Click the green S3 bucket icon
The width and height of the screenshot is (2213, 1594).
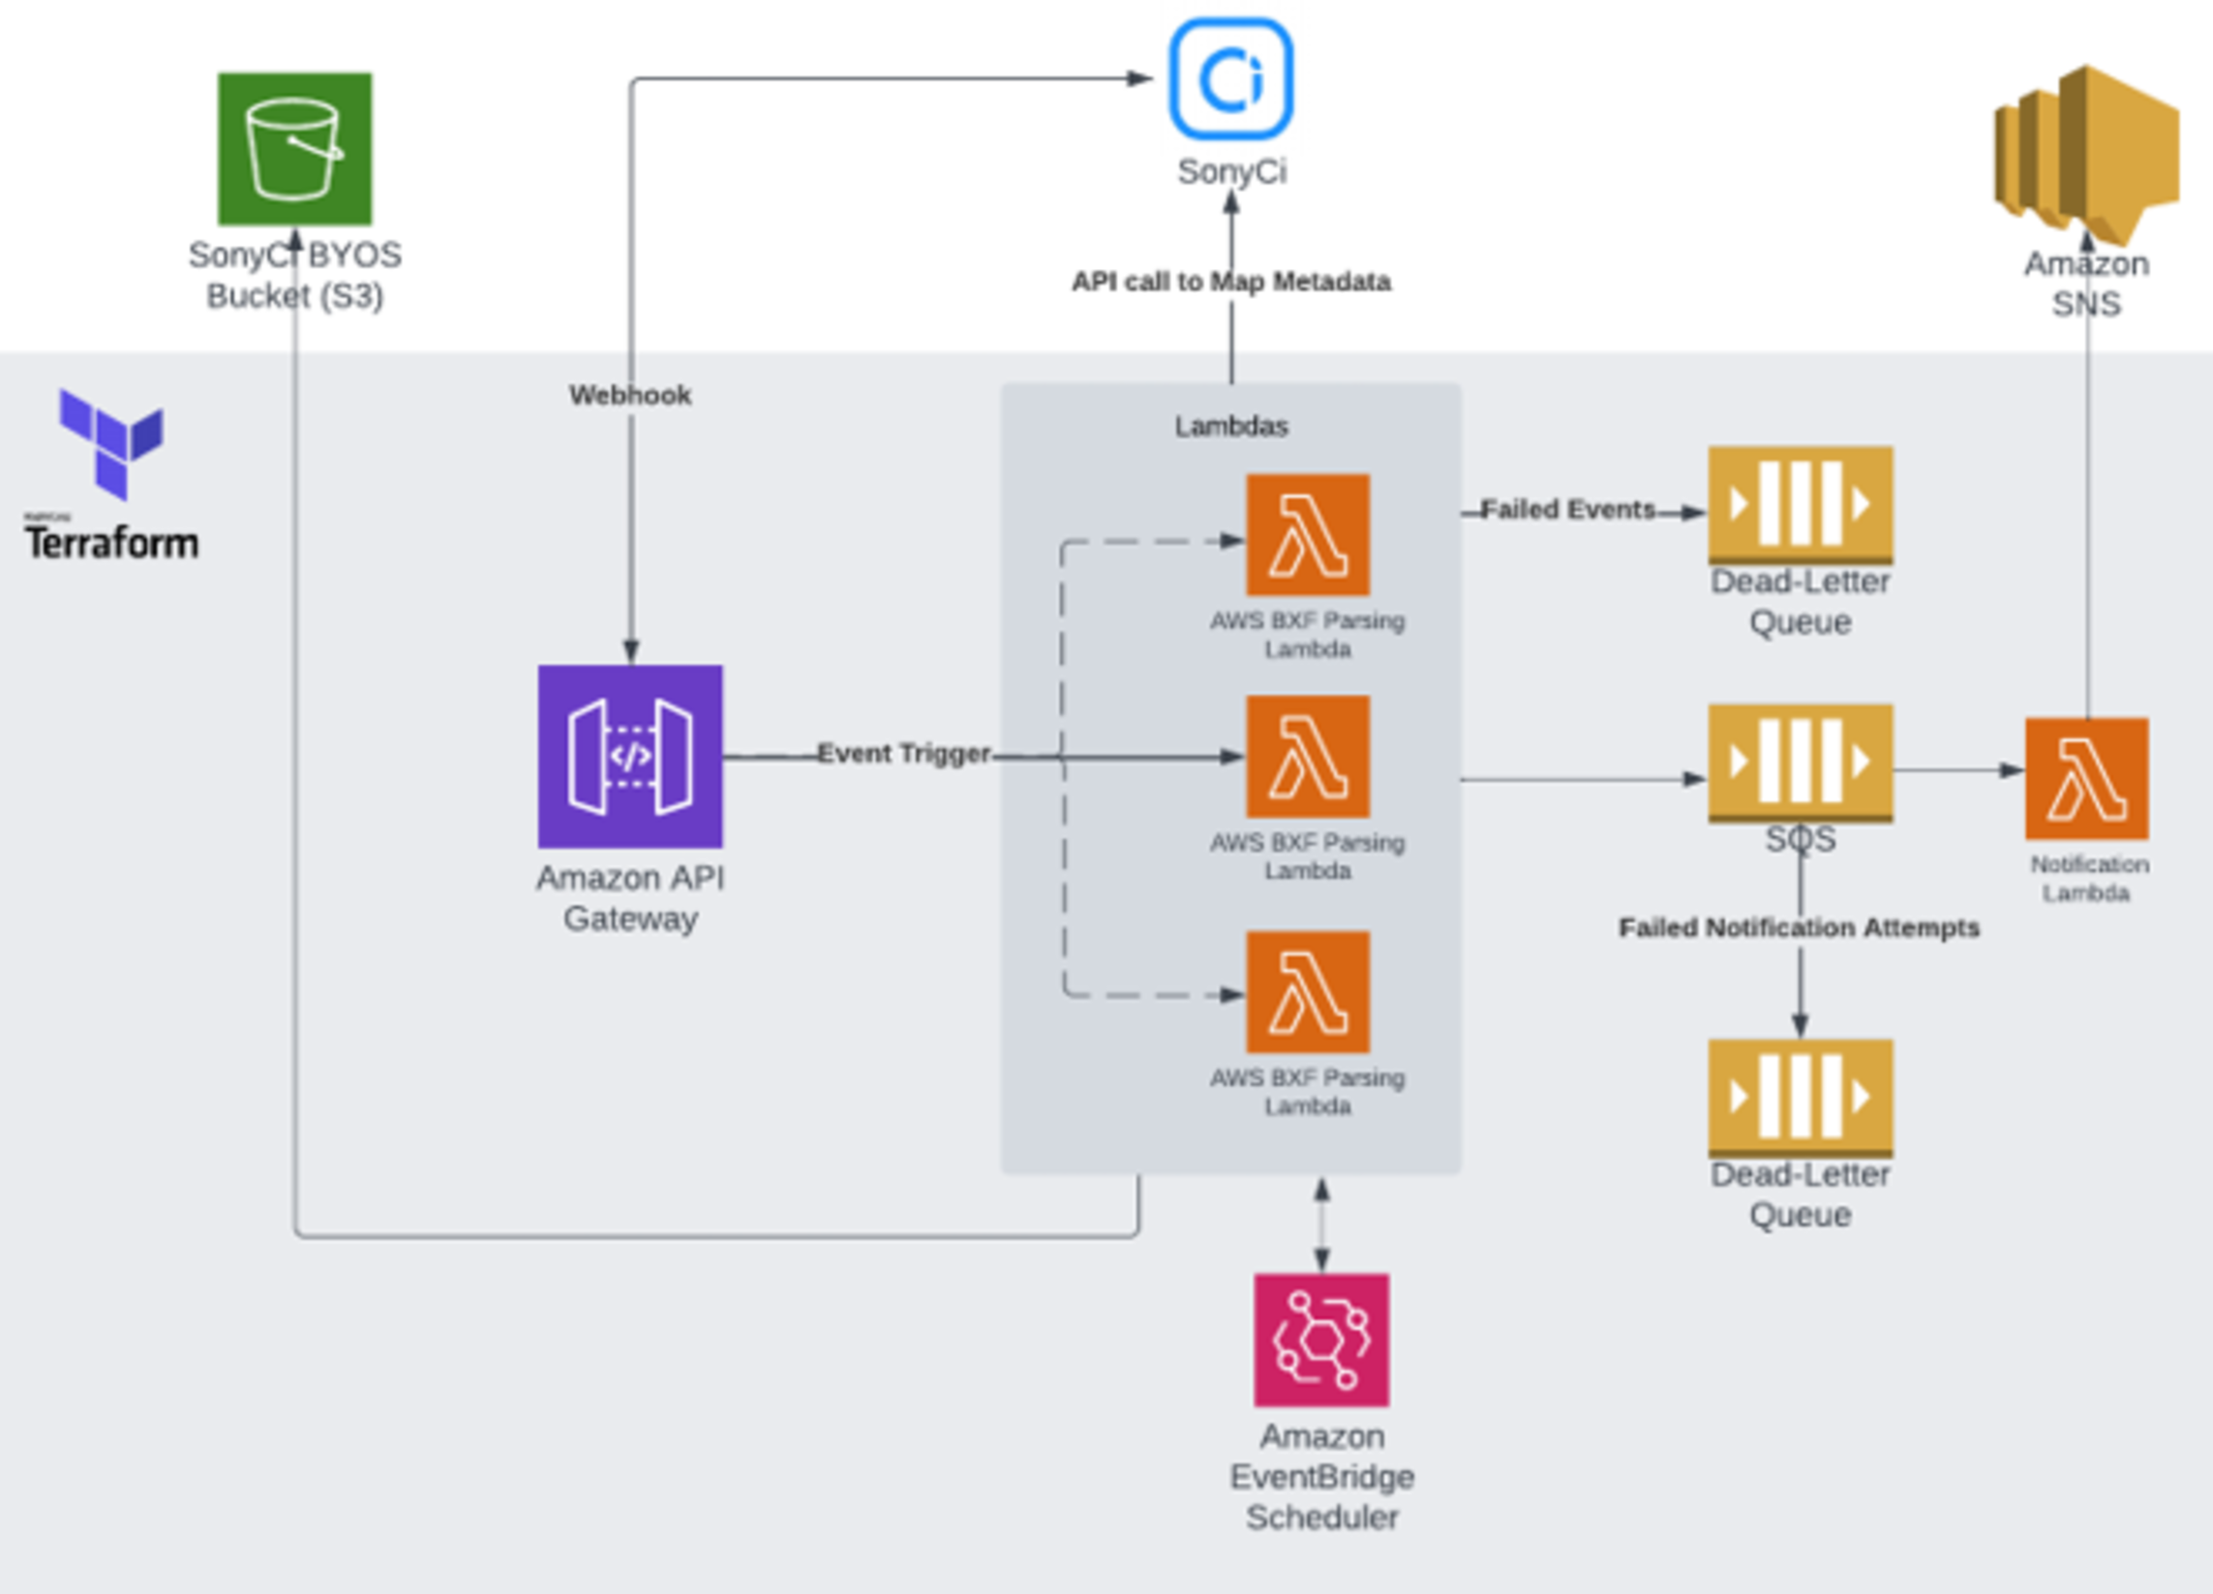point(294,148)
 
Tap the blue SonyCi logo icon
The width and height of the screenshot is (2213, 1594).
point(1231,79)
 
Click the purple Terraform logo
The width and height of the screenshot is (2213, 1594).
point(111,443)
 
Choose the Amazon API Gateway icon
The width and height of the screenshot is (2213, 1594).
point(630,756)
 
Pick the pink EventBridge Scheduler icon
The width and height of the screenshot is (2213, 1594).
point(1321,1339)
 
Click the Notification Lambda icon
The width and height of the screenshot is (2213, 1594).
point(2086,778)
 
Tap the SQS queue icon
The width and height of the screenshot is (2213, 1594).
point(1801,763)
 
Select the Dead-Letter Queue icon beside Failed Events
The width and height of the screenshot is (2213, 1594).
point(1801,504)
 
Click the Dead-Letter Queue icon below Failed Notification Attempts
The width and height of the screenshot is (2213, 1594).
point(1801,1098)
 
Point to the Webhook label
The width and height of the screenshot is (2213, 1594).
point(630,395)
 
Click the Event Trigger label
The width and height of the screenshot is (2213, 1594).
point(903,753)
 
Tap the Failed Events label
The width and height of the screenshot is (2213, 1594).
point(1568,509)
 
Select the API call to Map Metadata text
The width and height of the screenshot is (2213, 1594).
point(1231,282)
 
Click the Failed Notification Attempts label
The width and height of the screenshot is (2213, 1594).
point(1800,928)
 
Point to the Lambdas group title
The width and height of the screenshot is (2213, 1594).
point(1231,426)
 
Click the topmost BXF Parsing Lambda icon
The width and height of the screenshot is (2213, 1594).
point(1308,534)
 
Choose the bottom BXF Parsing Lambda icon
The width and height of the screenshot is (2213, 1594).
point(1308,992)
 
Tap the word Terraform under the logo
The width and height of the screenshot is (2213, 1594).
point(111,543)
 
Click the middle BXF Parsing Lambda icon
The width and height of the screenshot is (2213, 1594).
point(1308,756)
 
